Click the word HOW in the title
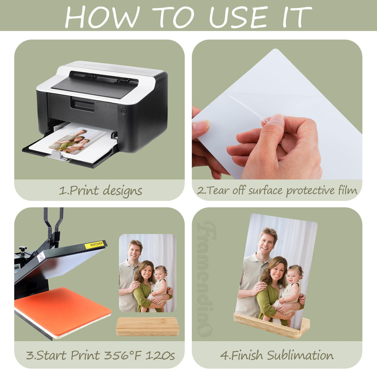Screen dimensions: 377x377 (x=102, y=17)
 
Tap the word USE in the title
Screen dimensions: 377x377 (x=238, y=17)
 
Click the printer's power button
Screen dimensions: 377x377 (x=124, y=111)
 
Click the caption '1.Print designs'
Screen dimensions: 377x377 (x=100, y=190)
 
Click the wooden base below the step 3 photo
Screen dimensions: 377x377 (x=147, y=327)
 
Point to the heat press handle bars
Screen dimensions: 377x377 (x=53, y=224)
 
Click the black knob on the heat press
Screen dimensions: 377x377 (x=23, y=249)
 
